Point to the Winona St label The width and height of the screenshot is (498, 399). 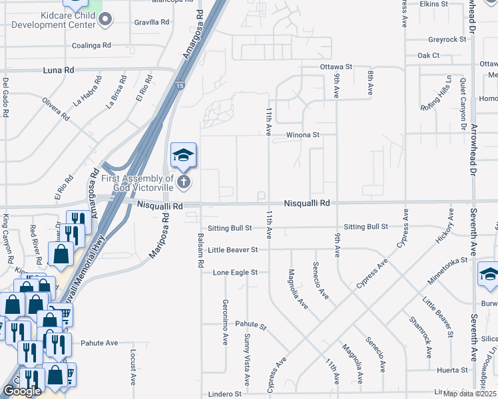tap(303, 134)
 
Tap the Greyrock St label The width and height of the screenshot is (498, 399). tap(447, 39)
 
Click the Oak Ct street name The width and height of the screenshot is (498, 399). tap(428, 56)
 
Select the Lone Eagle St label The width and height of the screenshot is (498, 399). tap(235, 273)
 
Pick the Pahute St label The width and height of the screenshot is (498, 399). tap(250, 327)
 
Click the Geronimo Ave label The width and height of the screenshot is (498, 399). tap(224, 319)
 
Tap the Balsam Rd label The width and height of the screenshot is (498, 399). tap(200, 250)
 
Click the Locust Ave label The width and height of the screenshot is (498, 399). tap(133, 362)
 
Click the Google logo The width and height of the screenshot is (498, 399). tap(22, 391)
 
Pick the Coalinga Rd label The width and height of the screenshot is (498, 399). tap(92, 46)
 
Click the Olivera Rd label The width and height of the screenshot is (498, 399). tap(56, 109)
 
